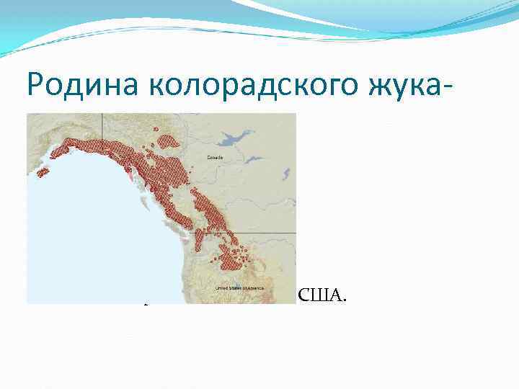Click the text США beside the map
pyautogui.click(x=321, y=295)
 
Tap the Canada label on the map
pyautogui.click(x=215, y=156)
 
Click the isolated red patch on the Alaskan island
pyautogui.click(x=43, y=172)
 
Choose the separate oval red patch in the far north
pyautogui.click(x=168, y=141)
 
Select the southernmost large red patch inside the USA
pyautogui.click(x=234, y=257)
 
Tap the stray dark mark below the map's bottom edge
pyautogui.click(x=145, y=305)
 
